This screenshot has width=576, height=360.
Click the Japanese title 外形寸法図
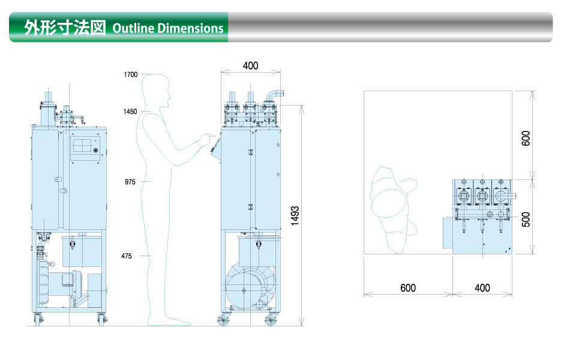click(x=65, y=28)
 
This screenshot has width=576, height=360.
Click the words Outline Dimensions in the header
click(x=168, y=28)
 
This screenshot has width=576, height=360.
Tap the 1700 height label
click(x=131, y=74)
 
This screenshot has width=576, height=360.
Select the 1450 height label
click(x=130, y=112)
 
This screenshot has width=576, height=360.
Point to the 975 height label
click(x=130, y=182)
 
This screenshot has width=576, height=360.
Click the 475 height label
click(x=127, y=256)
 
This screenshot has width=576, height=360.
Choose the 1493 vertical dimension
click(x=295, y=215)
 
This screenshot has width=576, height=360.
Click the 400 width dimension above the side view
click(x=251, y=66)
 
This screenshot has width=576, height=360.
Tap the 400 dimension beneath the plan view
click(x=482, y=288)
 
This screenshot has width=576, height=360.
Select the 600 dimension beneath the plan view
click(x=408, y=288)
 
